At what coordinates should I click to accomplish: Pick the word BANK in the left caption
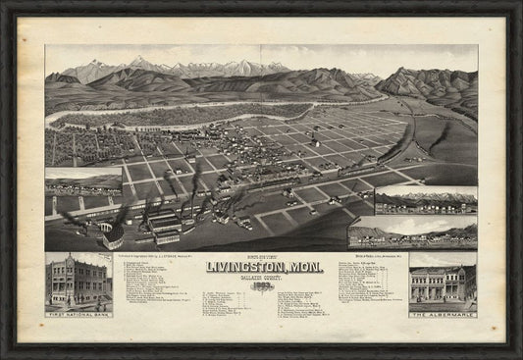(98, 313)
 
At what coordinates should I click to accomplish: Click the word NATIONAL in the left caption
(78, 313)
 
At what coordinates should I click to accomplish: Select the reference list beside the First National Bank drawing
(157, 289)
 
